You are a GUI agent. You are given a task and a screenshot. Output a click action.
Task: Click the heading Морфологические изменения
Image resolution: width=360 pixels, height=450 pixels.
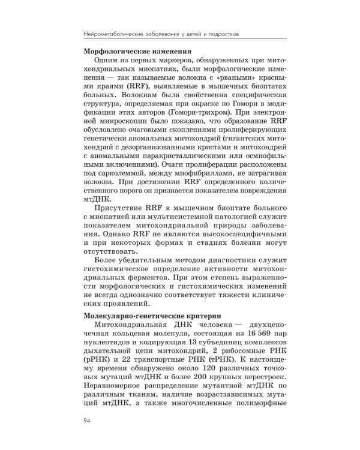pos(133,51)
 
